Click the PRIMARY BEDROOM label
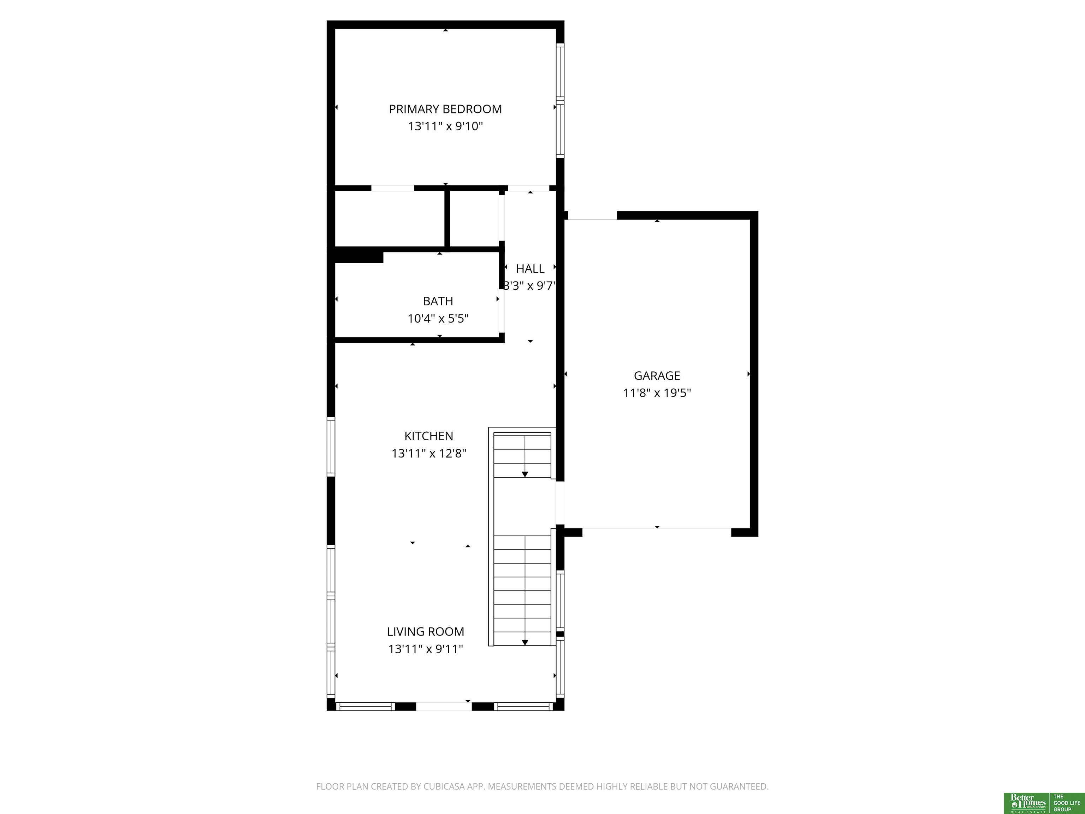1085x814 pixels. [x=445, y=109]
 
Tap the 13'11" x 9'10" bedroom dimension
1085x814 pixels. [x=445, y=126]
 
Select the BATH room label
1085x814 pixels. [x=438, y=301]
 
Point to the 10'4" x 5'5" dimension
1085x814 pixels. [x=438, y=318]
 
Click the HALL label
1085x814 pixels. [x=530, y=269]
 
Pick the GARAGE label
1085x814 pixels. [x=657, y=376]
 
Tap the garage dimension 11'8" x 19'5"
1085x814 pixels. [x=657, y=393]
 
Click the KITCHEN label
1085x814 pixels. [x=429, y=436]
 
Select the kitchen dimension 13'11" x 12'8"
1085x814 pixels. [x=429, y=453]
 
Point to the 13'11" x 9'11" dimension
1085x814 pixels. [x=425, y=649]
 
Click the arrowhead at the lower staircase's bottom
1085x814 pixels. [x=525, y=642]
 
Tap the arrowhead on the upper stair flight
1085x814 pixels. [x=525, y=474]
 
